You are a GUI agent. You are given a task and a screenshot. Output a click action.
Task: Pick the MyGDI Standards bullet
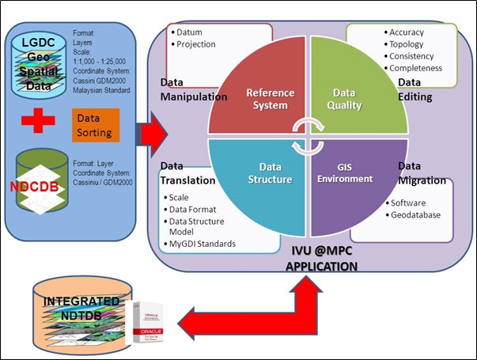click(x=203, y=244)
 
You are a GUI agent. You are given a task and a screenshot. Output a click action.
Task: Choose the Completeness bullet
click(x=414, y=69)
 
